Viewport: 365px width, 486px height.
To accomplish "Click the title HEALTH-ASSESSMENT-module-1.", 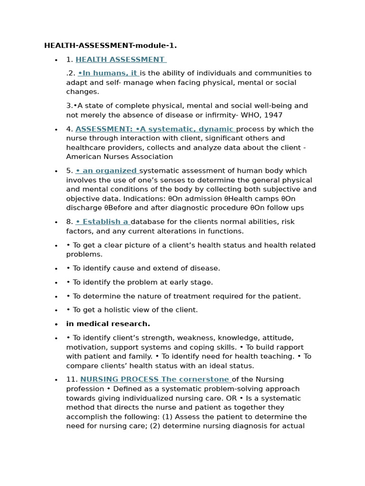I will tap(110, 46).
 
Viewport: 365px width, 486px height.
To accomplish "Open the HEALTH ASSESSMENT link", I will tap(120, 59).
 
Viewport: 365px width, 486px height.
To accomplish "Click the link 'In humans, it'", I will tap(108, 73).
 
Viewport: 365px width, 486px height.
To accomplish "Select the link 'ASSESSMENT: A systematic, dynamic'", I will tap(155, 129).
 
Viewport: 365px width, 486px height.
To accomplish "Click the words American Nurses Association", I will tap(119, 157).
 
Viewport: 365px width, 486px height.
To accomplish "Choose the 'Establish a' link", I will tap(102, 222).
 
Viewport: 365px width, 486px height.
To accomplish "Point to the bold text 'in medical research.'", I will tap(108, 324).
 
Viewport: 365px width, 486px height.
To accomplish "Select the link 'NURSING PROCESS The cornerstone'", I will tap(155, 379).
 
